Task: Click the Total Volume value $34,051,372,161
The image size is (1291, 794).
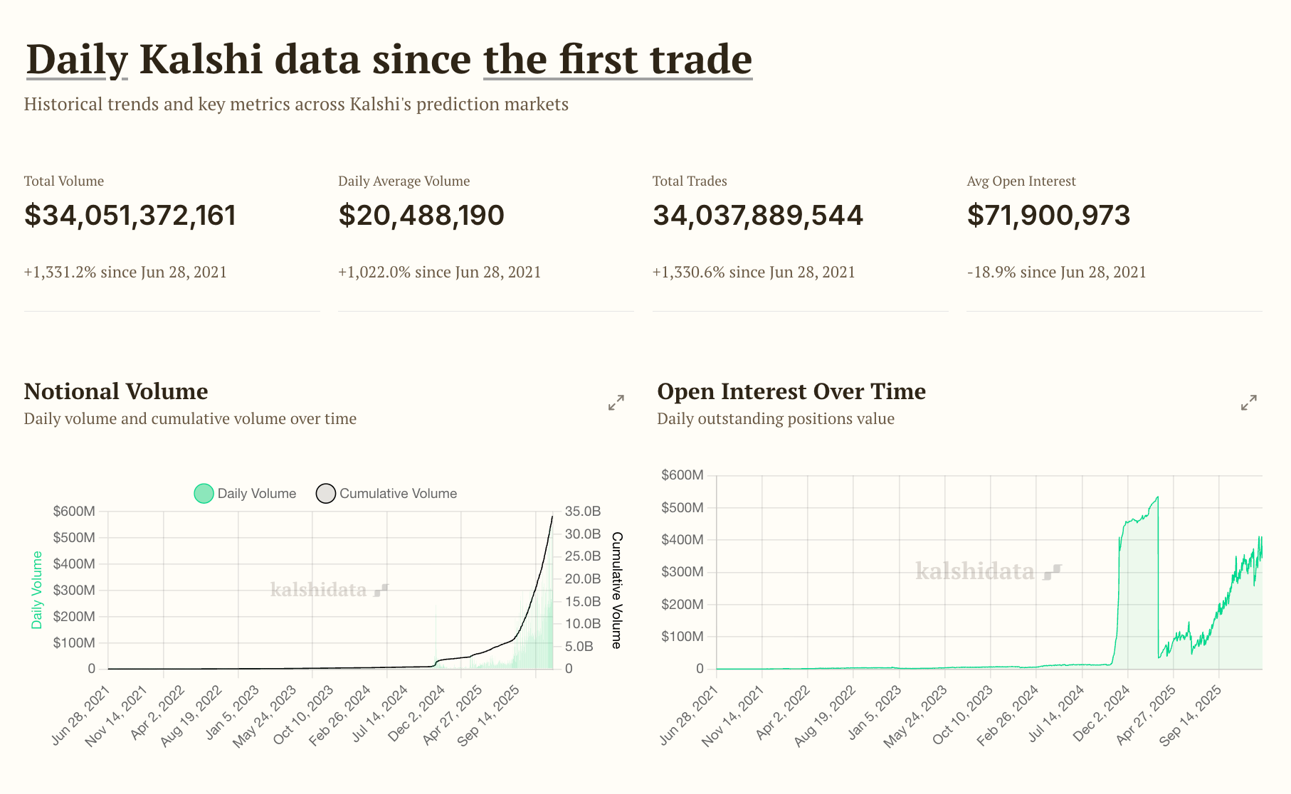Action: pyautogui.click(x=130, y=216)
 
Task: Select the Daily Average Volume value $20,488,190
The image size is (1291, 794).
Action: pyautogui.click(x=421, y=216)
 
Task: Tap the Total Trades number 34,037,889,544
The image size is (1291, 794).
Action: pyautogui.click(x=757, y=216)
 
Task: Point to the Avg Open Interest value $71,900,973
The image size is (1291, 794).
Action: pyautogui.click(x=1048, y=216)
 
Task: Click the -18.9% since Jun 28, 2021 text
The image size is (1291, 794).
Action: pyautogui.click(x=1056, y=272)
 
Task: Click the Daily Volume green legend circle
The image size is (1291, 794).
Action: pyautogui.click(x=204, y=494)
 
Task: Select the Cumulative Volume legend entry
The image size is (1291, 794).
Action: pyautogui.click(x=386, y=494)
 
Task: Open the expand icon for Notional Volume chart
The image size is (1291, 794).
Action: pyautogui.click(x=616, y=403)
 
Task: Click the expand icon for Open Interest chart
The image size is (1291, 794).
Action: pyautogui.click(x=1248, y=403)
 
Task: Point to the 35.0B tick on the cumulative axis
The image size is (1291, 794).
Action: pyautogui.click(x=582, y=512)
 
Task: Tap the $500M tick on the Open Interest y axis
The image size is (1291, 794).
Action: pyautogui.click(x=682, y=508)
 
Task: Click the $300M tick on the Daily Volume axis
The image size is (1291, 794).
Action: pyautogui.click(x=74, y=591)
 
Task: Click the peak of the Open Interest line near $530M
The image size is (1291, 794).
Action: pyautogui.click(x=1157, y=497)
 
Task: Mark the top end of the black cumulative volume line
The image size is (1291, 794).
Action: pyautogui.click(x=552, y=516)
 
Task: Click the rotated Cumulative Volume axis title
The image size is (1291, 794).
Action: pyautogui.click(x=616, y=591)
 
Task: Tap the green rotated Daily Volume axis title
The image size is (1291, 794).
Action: pyautogui.click(x=37, y=590)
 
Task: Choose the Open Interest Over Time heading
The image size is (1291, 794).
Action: pyautogui.click(x=791, y=391)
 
